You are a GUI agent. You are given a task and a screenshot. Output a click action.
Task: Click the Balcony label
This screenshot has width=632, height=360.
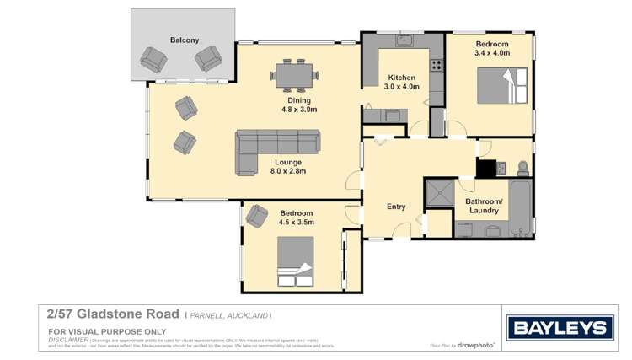[x=184, y=40]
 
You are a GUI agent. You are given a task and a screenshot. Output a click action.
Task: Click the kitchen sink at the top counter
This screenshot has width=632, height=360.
[x=403, y=40]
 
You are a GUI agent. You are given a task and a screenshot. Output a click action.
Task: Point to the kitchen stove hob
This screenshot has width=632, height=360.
[x=437, y=65]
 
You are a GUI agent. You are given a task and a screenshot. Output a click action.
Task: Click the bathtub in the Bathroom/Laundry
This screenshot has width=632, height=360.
[x=522, y=208]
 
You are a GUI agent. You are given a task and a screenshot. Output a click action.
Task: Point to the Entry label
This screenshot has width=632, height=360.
[x=396, y=207]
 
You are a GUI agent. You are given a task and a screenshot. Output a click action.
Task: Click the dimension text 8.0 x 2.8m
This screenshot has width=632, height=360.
[x=287, y=171]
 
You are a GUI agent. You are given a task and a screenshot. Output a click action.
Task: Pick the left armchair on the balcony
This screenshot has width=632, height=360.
[x=153, y=59]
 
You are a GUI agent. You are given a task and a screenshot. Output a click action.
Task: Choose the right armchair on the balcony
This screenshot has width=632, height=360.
[x=208, y=58]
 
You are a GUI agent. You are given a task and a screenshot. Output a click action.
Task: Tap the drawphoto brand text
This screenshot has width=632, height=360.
[x=476, y=345]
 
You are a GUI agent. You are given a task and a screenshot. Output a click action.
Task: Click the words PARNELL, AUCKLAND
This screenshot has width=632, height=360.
[x=229, y=314]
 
